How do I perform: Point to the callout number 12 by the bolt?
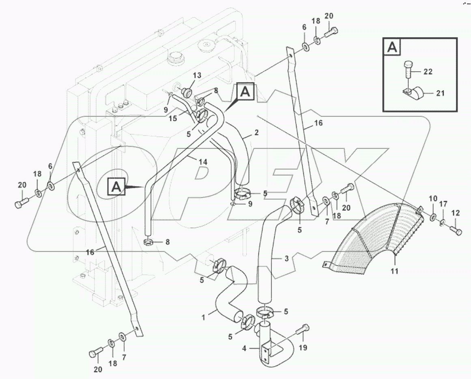coord(456,213)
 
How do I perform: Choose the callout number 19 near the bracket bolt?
coord(303,348)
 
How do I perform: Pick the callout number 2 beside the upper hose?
coord(256,133)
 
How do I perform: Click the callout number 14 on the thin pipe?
coord(203,162)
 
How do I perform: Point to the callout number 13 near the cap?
coord(197,76)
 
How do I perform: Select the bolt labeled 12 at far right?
coord(456,231)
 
